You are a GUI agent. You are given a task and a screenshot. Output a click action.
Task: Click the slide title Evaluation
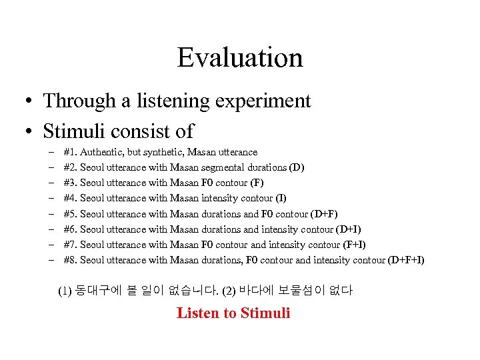(240, 58)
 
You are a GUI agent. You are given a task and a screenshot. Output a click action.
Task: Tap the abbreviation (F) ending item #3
(255, 183)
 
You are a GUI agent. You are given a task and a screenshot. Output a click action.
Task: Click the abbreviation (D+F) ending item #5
(324, 214)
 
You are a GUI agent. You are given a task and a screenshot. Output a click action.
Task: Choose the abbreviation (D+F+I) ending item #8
(406, 260)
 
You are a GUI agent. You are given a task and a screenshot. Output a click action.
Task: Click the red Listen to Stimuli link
(233, 313)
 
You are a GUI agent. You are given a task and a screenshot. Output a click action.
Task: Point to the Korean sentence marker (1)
(65, 291)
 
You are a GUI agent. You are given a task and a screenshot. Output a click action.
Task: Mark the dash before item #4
(51, 198)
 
